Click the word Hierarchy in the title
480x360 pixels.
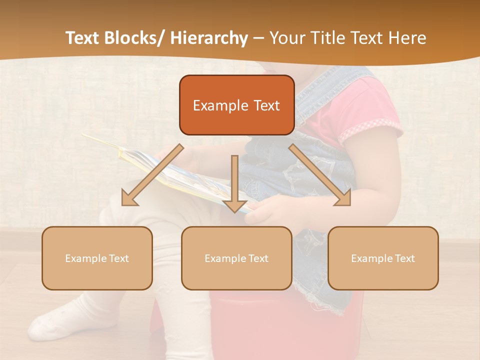[x=209, y=38]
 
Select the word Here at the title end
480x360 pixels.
[x=407, y=38]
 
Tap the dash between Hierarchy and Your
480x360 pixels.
[x=258, y=38]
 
